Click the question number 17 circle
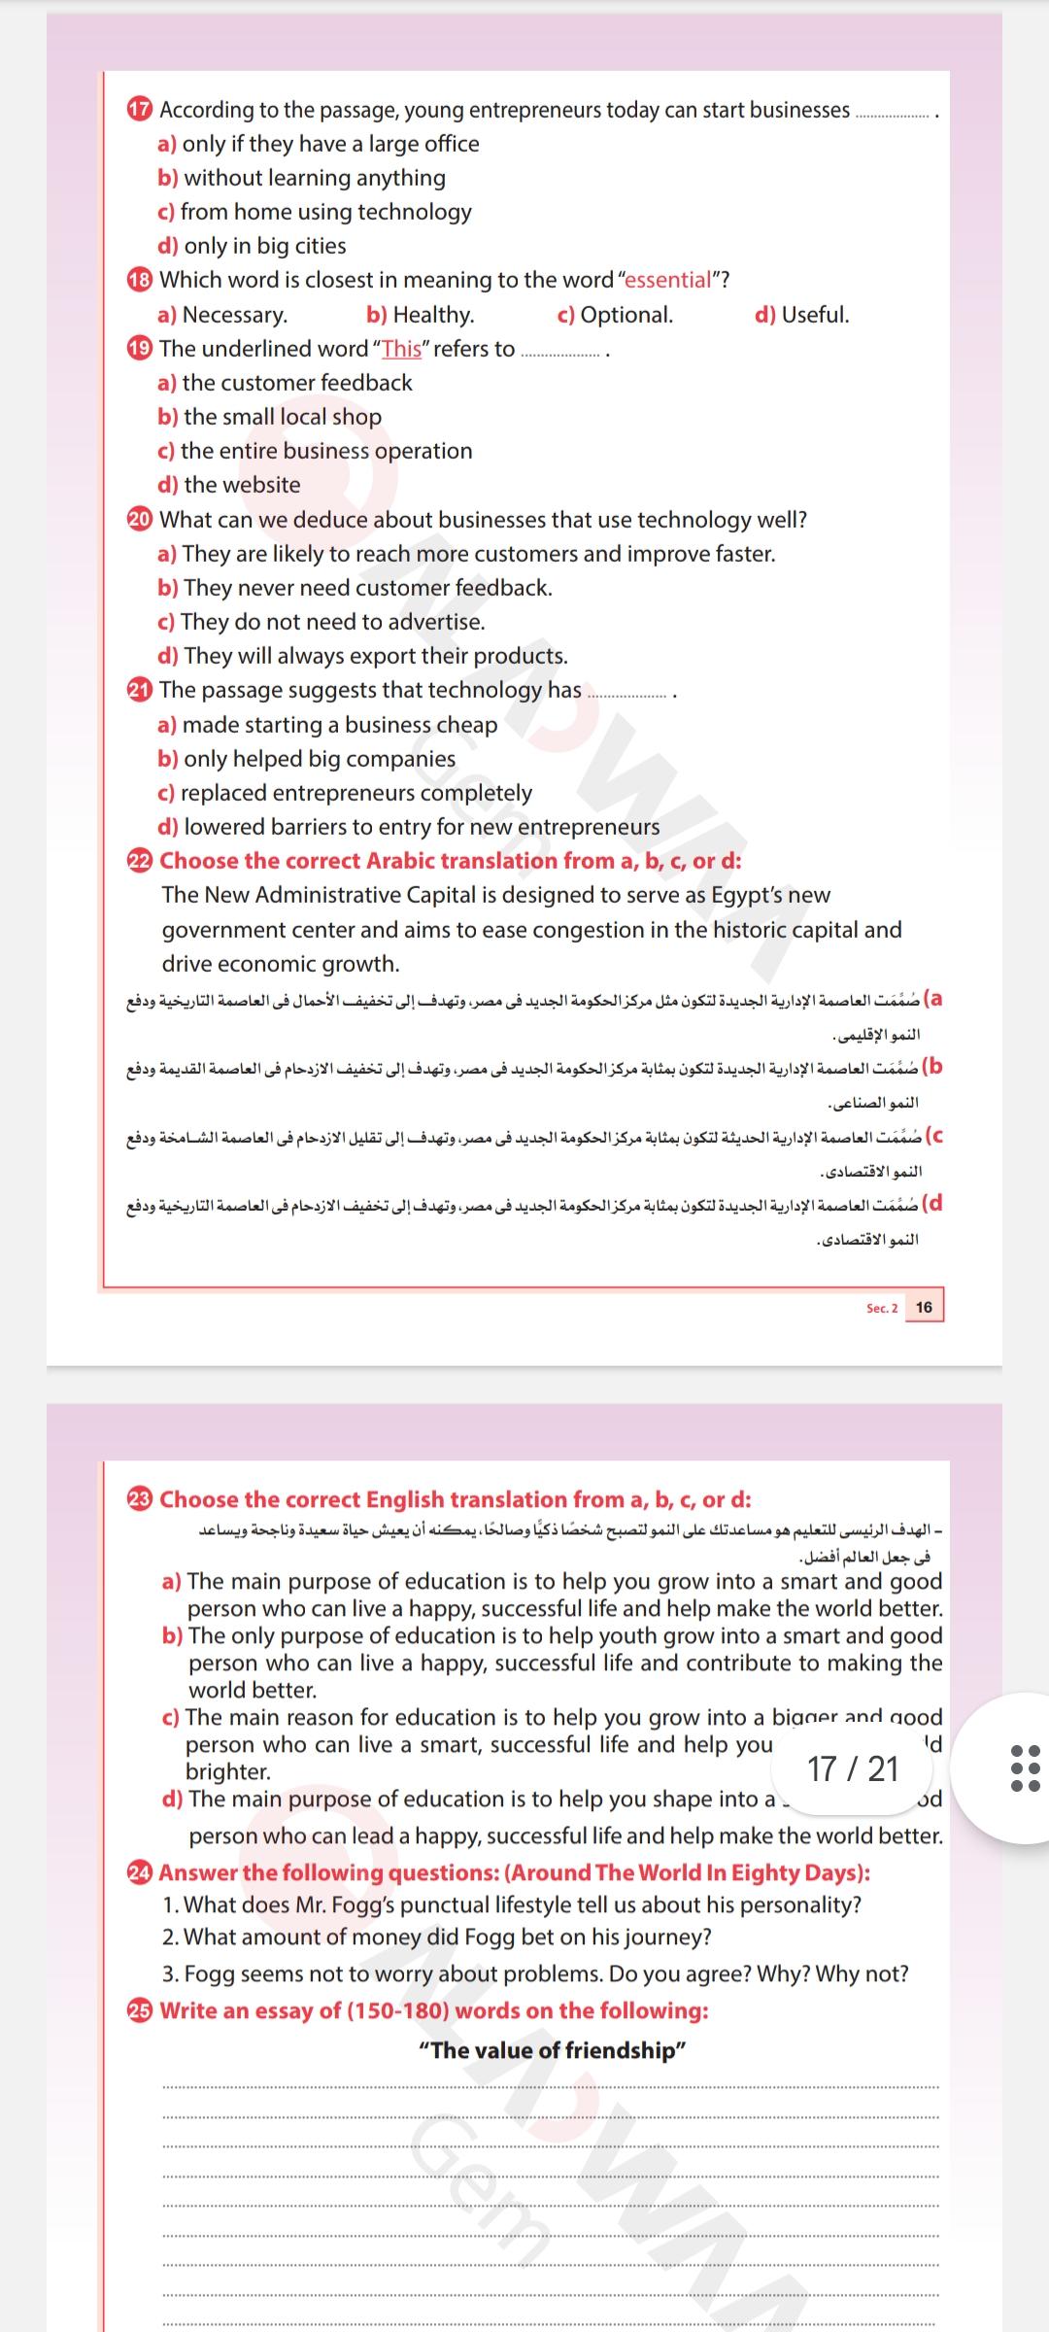140,110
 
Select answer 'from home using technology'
325,212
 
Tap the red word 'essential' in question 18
668,280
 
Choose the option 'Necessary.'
234,315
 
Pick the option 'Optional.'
626,315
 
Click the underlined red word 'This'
401,349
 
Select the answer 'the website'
242,485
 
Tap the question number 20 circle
140,520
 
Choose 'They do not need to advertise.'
332,622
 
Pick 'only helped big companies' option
319,759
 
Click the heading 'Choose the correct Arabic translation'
450,861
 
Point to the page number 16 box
924,1307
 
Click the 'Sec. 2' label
882,1308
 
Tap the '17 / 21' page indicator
853,1769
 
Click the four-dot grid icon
1025,1767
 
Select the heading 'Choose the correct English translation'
455,1499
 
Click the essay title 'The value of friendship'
552,2050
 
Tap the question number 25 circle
140,2010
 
